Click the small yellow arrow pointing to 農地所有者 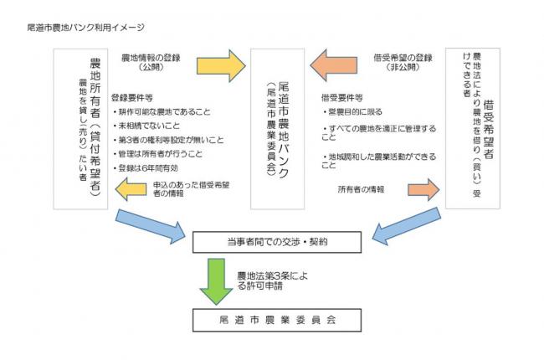(133, 192)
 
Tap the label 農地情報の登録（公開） (152, 62)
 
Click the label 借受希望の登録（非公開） (403, 62)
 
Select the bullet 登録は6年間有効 (148, 167)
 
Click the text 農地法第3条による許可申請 (265, 280)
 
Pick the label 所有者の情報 (362, 189)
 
